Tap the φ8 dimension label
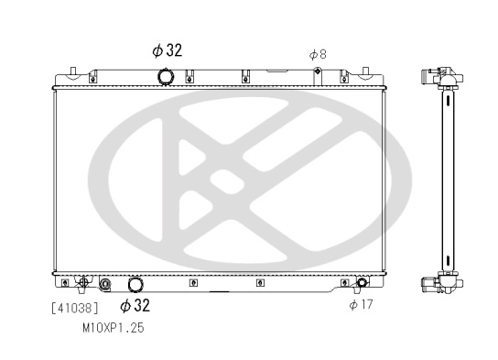(x=318, y=55)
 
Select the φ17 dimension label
(x=361, y=305)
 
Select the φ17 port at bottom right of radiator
(x=362, y=283)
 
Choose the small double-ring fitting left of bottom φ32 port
(x=105, y=284)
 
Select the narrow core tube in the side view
(x=448, y=183)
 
